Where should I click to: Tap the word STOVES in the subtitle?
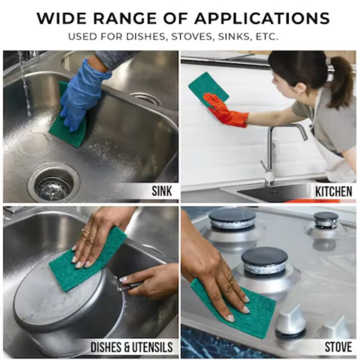[x=191, y=37]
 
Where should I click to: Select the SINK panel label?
[x=162, y=191]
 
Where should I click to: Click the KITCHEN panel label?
[x=334, y=191]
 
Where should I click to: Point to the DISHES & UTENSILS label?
[x=131, y=347]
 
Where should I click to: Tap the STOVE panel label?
[x=338, y=347]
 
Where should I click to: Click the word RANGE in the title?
[x=125, y=18]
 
